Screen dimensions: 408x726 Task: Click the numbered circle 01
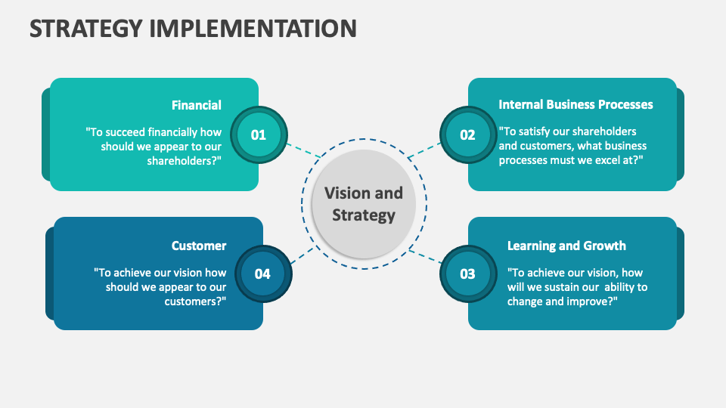click(x=259, y=135)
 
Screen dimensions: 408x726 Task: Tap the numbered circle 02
click(x=467, y=135)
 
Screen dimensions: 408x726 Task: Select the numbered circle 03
click(x=467, y=274)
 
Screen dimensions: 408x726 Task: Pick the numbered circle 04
click(x=262, y=274)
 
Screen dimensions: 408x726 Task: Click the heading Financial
click(x=197, y=105)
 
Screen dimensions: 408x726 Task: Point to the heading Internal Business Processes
click(x=576, y=104)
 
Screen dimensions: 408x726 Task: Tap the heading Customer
click(x=199, y=246)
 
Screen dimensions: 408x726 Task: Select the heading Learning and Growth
click(x=566, y=246)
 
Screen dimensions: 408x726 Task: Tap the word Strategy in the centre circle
click(x=364, y=215)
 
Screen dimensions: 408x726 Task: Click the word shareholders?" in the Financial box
click(x=184, y=160)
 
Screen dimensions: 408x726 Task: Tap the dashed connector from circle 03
click(x=427, y=256)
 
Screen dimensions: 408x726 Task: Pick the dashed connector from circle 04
click(x=301, y=255)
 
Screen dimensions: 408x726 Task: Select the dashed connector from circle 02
click(x=423, y=150)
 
